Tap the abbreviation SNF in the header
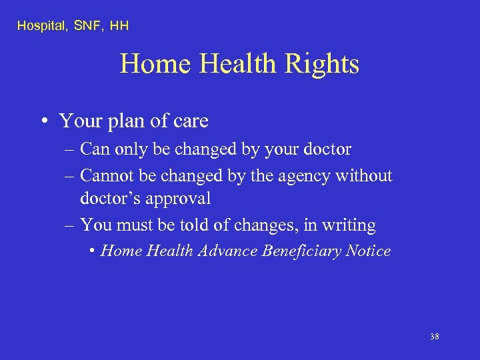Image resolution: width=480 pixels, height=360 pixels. coord(84,26)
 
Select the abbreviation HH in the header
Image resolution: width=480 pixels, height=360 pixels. coord(120,26)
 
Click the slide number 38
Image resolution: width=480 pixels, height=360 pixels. coord(435,337)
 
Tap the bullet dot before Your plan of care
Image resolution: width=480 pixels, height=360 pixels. coord(43,121)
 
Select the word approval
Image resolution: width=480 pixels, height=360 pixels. coord(180,199)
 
